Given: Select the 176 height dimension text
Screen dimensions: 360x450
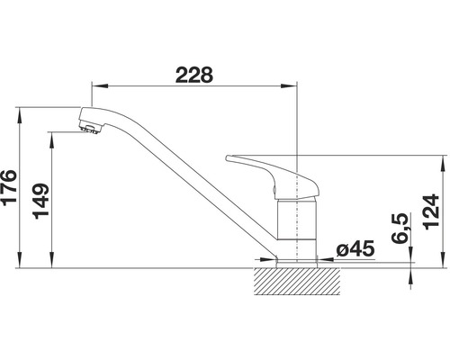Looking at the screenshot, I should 12,189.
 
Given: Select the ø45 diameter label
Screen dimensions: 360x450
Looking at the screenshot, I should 354,248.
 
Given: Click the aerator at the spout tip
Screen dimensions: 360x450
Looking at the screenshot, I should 87,130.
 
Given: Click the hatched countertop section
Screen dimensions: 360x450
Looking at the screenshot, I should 297,280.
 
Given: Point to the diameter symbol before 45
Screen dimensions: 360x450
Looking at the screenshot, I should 342,249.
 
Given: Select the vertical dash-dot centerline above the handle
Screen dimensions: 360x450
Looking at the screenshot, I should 297,126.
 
